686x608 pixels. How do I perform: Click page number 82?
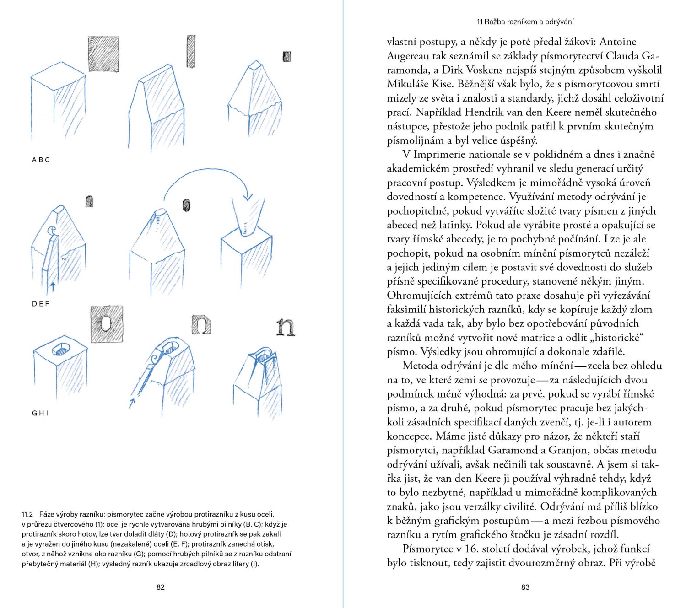pyautogui.click(x=160, y=587)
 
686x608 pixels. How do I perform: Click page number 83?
pyautogui.click(x=525, y=587)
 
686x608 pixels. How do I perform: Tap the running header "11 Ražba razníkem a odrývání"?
pyautogui.click(x=525, y=22)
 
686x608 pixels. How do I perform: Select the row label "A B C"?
pyautogui.click(x=41, y=160)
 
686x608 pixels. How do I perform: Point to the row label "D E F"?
pyautogui.click(x=41, y=304)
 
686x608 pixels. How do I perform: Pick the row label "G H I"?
pyautogui.click(x=40, y=413)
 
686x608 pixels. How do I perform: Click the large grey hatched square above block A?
pyautogui.click(x=103, y=54)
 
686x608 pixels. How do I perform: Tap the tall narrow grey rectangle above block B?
pyautogui.click(x=191, y=51)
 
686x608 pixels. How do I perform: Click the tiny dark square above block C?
pyautogui.click(x=287, y=56)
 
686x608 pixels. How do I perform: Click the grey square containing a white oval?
pyautogui.click(x=107, y=324)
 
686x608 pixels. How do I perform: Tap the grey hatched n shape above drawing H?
pyautogui.click(x=201, y=324)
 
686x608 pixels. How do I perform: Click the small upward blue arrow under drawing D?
pyautogui.click(x=53, y=286)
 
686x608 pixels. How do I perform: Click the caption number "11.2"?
pyautogui.click(x=27, y=514)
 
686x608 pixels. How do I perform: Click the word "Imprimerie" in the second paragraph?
pyautogui.click(x=441, y=155)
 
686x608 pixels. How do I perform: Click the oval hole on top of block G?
pyautogui.click(x=60, y=350)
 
